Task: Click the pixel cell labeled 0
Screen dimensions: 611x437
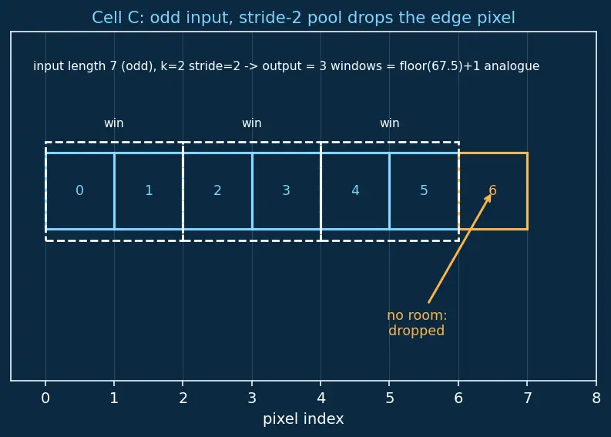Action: (x=80, y=191)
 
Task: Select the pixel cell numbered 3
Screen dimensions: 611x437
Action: (x=287, y=191)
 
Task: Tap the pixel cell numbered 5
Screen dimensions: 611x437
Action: (x=424, y=191)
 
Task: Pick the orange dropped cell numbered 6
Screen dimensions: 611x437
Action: (x=493, y=191)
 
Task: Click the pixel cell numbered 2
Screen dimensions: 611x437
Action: (x=217, y=191)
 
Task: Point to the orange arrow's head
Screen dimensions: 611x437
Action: (x=490, y=194)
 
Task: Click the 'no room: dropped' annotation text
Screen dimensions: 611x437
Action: (x=417, y=323)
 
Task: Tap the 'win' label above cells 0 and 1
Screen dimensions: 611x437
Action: (x=114, y=123)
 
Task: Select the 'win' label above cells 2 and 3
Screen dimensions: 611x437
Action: (x=252, y=123)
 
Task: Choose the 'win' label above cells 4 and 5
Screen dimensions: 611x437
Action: (x=390, y=123)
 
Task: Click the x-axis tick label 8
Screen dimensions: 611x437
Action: (x=596, y=398)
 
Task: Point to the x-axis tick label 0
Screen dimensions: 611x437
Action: (x=45, y=398)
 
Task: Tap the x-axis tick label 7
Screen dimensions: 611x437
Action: (x=527, y=398)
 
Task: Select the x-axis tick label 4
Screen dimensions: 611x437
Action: (x=321, y=398)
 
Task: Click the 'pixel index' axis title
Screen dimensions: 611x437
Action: (x=303, y=419)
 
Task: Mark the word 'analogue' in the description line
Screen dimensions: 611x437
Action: (x=512, y=66)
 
